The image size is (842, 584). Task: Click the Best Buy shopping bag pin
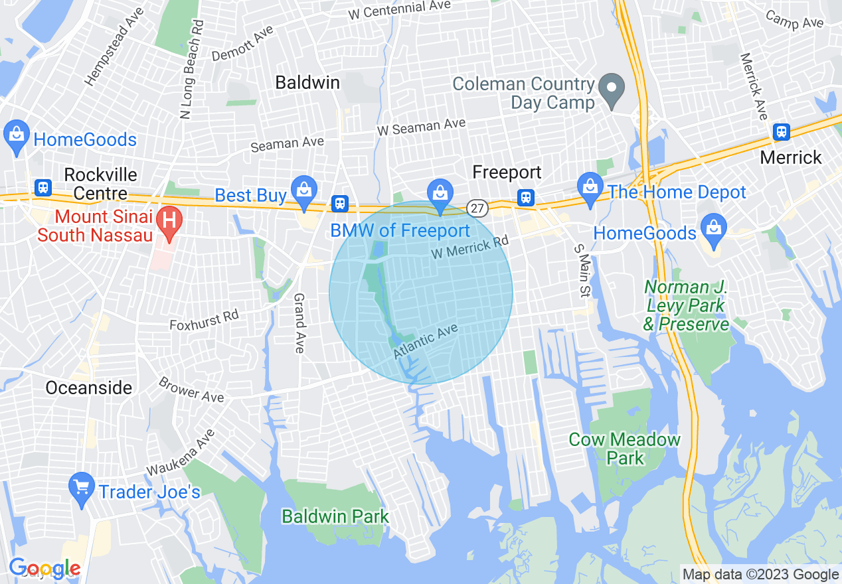coord(304,189)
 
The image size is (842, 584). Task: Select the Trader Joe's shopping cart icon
coord(82,490)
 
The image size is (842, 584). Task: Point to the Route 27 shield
coord(477,208)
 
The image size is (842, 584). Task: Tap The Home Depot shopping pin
coord(590,186)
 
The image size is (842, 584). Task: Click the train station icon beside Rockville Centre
coord(44,187)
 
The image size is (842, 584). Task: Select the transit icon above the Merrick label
coord(782,132)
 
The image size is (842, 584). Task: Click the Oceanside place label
coord(89,388)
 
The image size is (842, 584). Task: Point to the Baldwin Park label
coord(335,516)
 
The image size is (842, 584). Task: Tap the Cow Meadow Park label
coord(625,449)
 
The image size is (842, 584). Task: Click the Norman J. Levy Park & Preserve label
coord(686,305)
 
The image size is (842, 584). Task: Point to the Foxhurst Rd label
coord(204,321)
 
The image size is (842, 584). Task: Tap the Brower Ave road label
coord(191,390)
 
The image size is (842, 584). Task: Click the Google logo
coord(44,568)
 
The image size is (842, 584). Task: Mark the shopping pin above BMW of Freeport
coord(440,192)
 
